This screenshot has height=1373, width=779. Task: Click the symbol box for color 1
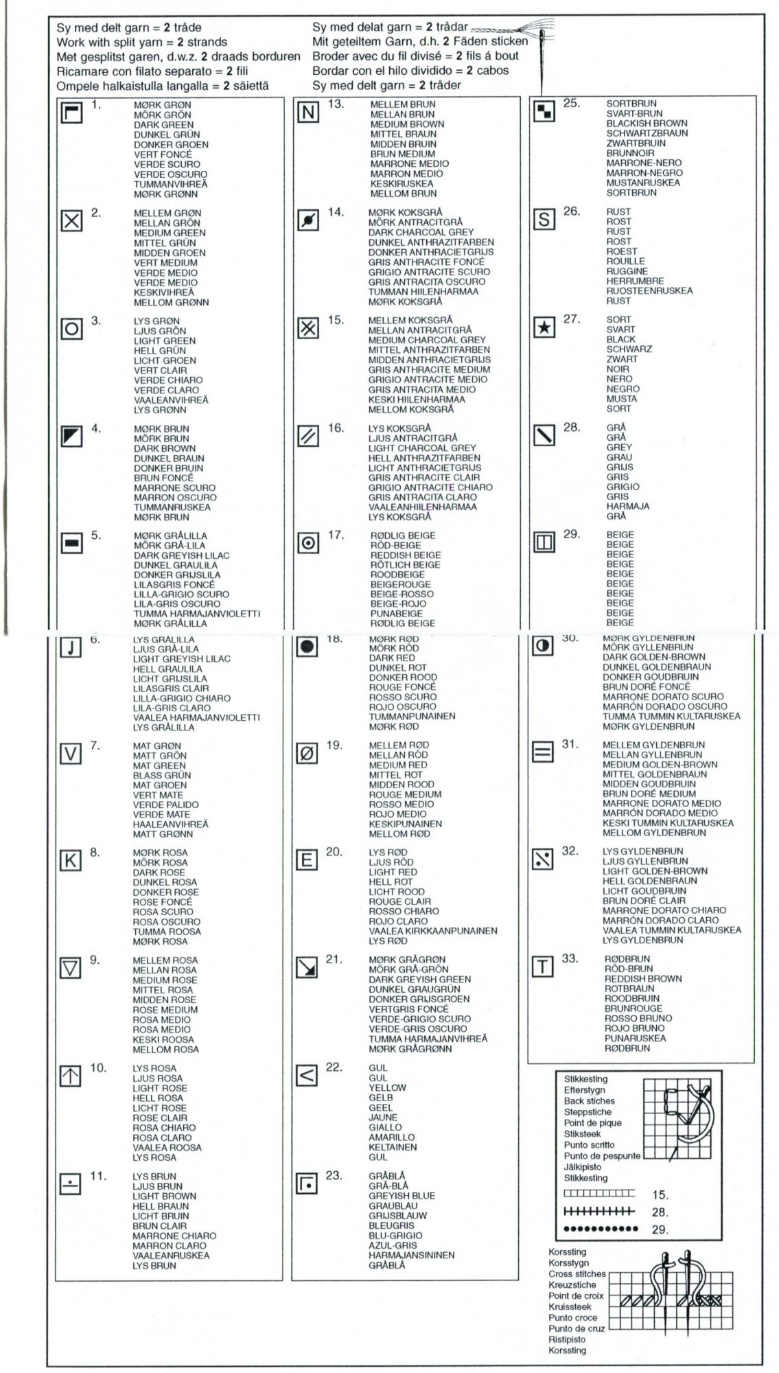[x=72, y=113]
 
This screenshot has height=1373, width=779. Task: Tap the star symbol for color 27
[x=544, y=328]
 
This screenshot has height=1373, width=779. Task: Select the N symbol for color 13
[x=308, y=113]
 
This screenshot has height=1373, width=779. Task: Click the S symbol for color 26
[x=544, y=220]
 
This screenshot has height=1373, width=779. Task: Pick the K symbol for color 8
[x=71, y=861]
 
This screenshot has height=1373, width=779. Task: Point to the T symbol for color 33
[x=542, y=967]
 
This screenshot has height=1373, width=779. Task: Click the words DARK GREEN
[x=163, y=125]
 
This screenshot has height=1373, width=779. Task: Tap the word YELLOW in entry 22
[x=387, y=1087]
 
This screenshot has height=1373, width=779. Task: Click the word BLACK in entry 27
[x=620, y=339]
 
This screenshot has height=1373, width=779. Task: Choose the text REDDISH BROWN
[x=642, y=978]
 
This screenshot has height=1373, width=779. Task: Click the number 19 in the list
[x=334, y=745]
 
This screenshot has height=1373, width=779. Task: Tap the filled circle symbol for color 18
[x=307, y=647]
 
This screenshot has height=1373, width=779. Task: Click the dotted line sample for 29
[x=596, y=1228]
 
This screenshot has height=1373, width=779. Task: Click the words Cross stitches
[x=577, y=1273]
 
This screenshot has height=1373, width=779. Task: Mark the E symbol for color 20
[x=307, y=860]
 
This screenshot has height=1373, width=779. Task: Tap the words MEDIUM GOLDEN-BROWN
[x=660, y=764]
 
